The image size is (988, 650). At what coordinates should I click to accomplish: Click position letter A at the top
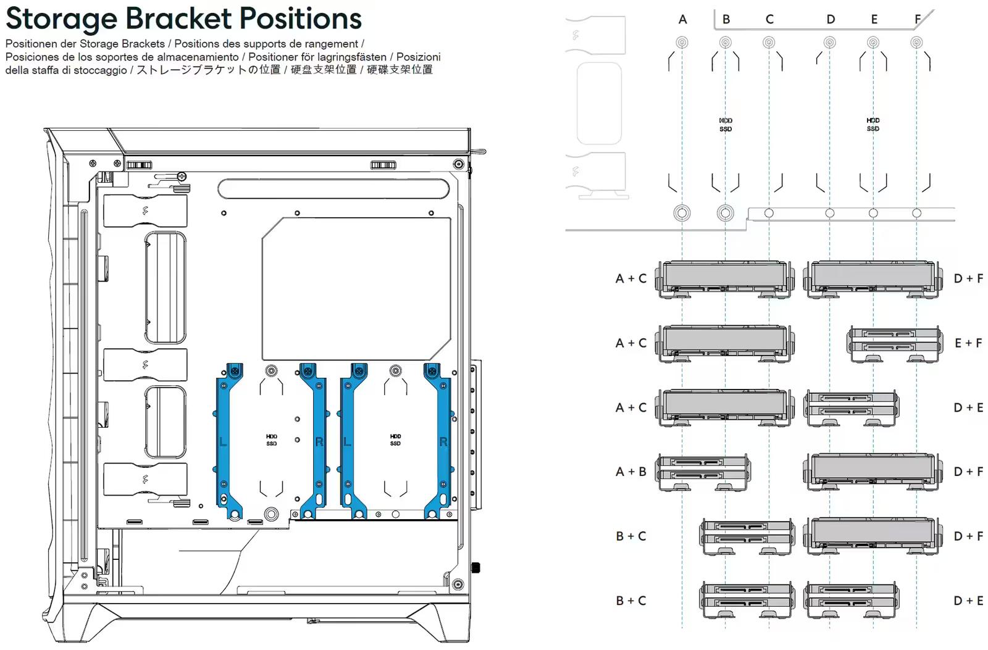[x=682, y=19]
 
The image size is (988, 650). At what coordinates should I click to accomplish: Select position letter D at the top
[x=831, y=19]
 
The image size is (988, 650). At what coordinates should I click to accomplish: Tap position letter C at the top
[x=769, y=19]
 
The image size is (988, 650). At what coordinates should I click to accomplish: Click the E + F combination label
[x=968, y=343]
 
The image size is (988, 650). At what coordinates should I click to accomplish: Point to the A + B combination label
[x=630, y=472]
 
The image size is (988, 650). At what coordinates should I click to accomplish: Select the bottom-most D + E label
[x=968, y=601]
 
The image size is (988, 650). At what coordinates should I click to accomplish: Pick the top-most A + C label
[x=630, y=278]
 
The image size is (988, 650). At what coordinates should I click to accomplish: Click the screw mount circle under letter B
[x=726, y=43]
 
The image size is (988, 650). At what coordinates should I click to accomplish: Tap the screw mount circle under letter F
[x=917, y=43]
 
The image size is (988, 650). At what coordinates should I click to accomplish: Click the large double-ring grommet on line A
[x=682, y=214]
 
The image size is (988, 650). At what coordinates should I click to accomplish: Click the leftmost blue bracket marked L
[x=223, y=441]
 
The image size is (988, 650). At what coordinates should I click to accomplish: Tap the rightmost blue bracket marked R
[x=443, y=441]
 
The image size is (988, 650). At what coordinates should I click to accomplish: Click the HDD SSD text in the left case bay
[x=272, y=440]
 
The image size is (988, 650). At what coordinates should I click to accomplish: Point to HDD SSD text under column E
[x=873, y=125]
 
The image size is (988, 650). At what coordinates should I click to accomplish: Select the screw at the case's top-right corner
[x=458, y=164]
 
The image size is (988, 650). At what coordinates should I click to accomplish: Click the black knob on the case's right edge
[x=475, y=567]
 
